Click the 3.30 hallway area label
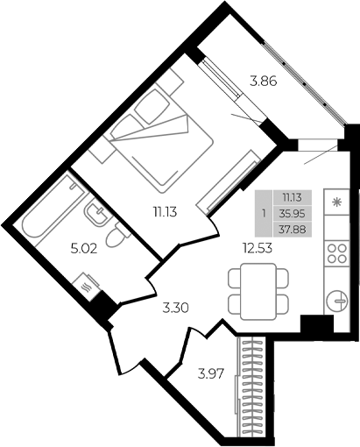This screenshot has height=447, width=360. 176,308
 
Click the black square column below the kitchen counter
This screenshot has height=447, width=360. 316,325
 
